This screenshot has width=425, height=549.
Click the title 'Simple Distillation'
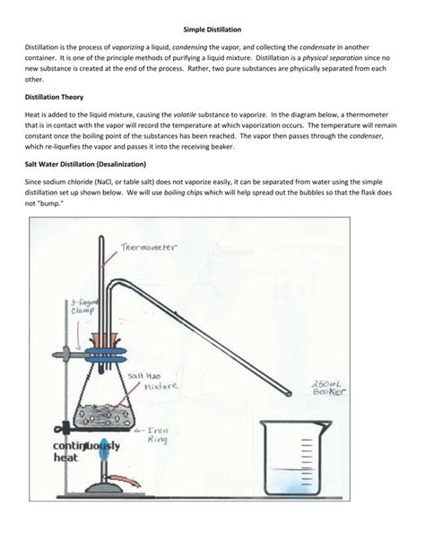(212, 30)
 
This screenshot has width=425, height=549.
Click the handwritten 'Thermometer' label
(147, 246)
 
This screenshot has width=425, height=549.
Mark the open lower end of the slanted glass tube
(290, 391)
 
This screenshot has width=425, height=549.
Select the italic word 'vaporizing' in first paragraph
(131, 47)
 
